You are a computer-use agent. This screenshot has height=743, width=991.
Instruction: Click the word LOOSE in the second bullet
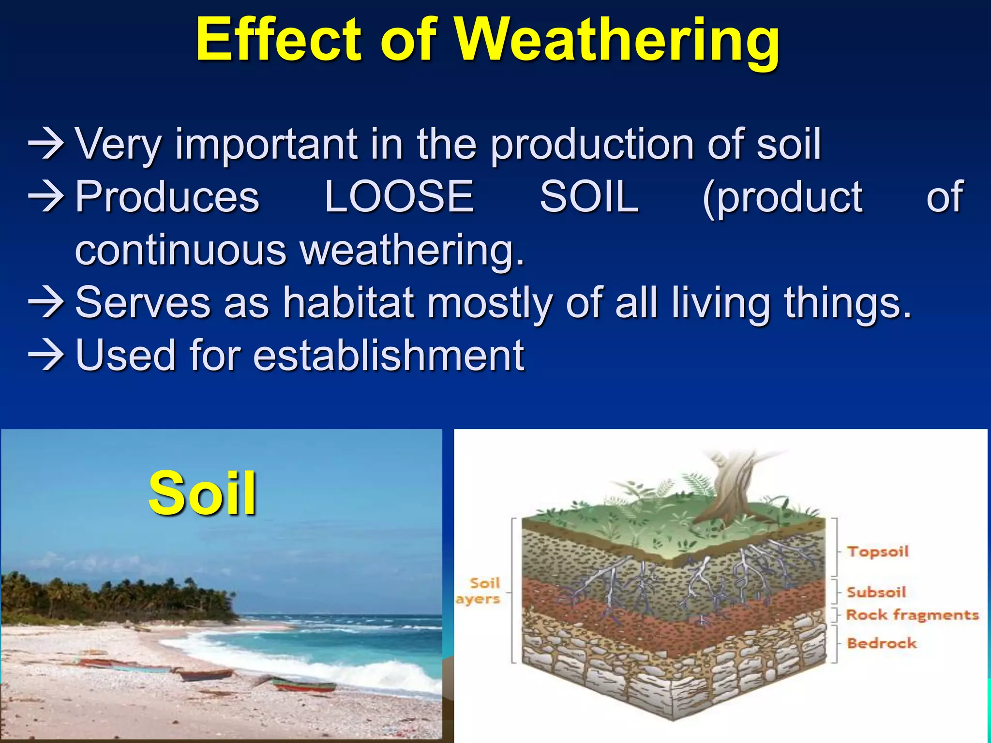point(399,196)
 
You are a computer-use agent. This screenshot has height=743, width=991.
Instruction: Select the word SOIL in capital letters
point(589,196)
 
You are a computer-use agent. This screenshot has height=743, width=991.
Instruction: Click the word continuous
point(181,250)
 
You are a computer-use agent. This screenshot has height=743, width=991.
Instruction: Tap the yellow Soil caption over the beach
point(202,493)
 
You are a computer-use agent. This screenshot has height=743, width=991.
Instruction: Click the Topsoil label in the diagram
point(878,551)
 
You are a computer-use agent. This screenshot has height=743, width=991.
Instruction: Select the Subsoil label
point(876,592)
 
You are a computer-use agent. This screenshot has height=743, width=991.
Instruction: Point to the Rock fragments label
point(912,615)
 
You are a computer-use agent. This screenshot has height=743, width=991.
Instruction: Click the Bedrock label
point(882,643)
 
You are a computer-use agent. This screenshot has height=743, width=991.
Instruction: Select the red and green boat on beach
point(302,684)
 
